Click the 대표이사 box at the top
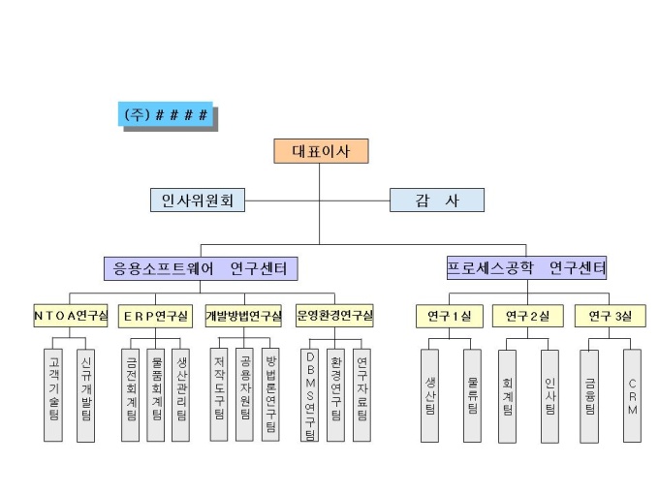point(319,151)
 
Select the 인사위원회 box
point(198,201)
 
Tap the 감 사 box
point(436,201)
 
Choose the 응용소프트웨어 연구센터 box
point(201,267)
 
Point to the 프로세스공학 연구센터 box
point(527,267)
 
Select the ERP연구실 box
point(155,316)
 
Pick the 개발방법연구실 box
point(242,316)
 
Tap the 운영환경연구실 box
point(335,316)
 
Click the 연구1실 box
point(446,316)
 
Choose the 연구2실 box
point(527,316)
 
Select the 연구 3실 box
point(611,316)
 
